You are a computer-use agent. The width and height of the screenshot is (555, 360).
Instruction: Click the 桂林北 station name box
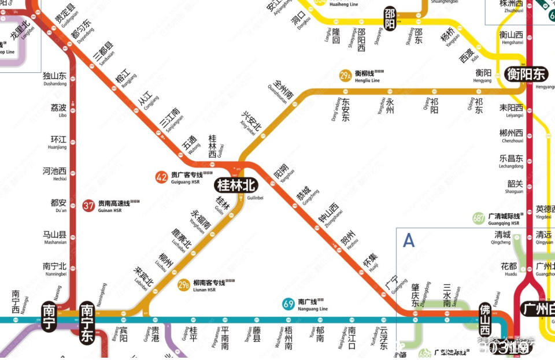(x=236, y=185)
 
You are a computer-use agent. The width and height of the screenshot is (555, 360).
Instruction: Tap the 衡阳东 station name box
(x=526, y=74)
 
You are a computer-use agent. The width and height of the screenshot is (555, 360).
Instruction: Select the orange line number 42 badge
(x=162, y=178)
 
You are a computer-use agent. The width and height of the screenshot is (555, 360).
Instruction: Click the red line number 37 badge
(x=88, y=206)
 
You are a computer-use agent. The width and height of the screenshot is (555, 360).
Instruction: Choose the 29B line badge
(x=183, y=285)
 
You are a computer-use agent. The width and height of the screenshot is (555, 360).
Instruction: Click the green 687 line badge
(x=478, y=219)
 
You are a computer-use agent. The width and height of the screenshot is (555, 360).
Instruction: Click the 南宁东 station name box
(x=87, y=324)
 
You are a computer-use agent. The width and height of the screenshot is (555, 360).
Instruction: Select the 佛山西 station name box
(x=484, y=320)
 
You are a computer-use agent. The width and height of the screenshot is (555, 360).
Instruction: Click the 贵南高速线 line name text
(x=113, y=204)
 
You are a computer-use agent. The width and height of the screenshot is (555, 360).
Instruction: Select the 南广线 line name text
(x=308, y=302)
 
